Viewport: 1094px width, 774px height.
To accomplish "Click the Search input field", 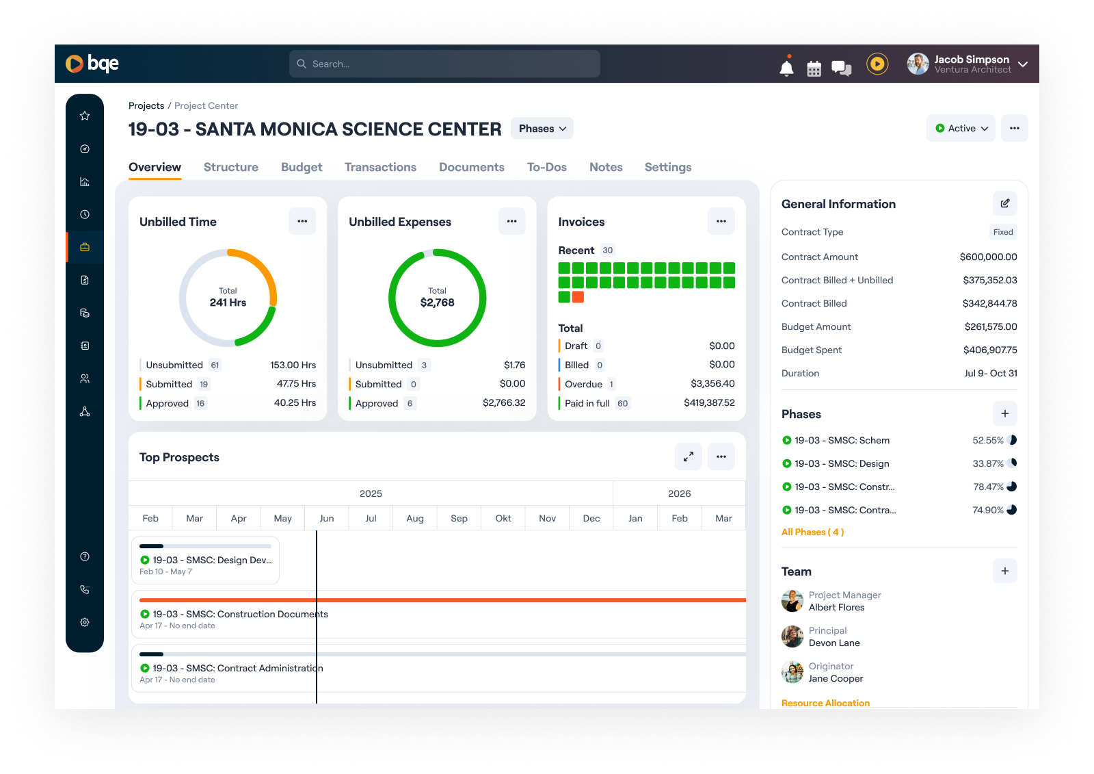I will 444,64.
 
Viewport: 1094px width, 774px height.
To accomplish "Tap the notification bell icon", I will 786,68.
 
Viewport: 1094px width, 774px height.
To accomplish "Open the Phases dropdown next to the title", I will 542,129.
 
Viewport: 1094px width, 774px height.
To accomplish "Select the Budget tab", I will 302,167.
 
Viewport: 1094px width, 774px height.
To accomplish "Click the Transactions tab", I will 380,167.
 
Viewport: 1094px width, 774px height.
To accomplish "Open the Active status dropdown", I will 961,129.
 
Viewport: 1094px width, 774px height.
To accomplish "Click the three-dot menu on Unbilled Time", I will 302,221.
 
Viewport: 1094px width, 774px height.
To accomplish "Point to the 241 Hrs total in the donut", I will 228,302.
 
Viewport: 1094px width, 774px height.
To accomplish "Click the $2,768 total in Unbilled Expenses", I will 437,302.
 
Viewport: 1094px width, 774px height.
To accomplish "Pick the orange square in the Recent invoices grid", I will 578,297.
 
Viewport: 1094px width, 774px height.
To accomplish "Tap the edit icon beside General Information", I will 1004,203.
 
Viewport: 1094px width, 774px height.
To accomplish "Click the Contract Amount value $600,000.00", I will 988,257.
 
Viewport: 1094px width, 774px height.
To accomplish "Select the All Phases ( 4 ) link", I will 812,532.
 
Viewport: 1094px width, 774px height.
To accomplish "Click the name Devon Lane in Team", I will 834,643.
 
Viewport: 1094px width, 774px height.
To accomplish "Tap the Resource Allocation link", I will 825,703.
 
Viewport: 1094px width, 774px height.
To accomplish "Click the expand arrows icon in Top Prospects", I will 689,456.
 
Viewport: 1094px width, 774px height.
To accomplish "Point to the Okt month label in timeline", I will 503,519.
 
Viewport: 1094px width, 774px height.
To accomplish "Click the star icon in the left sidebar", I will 85,116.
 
